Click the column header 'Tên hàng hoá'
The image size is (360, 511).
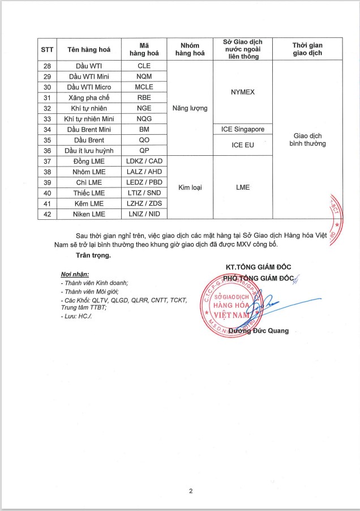tap(85, 49)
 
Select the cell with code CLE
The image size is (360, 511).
tap(144, 66)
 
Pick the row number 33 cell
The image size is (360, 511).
tap(47, 118)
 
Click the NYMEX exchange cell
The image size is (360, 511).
tap(242, 92)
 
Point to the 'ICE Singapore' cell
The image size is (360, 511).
tap(242, 129)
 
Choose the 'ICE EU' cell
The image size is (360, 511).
tap(242, 145)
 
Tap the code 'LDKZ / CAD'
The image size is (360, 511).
tap(144, 161)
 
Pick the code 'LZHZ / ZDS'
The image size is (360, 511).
tap(144, 203)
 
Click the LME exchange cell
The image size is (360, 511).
tap(242, 188)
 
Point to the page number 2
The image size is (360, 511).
tap(191, 491)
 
